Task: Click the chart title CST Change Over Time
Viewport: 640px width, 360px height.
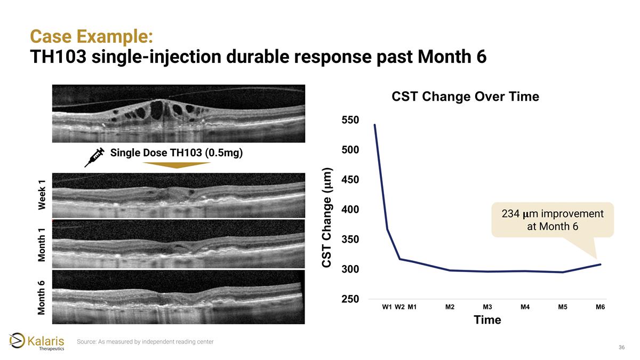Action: (465, 97)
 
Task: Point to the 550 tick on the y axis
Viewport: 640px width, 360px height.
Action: (350, 120)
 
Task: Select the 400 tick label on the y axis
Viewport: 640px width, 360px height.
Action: (350, 210)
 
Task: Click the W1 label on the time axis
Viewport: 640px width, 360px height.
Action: (387, 307)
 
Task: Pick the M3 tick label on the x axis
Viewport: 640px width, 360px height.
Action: (487, 307)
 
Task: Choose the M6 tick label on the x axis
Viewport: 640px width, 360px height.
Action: (600, 307)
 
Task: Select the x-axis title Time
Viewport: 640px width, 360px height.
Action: (487, 320)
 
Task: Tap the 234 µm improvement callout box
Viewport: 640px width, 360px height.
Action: (552, 220)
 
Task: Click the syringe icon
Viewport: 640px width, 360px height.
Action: (94, 157)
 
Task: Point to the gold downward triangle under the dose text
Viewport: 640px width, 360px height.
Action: (178, 165)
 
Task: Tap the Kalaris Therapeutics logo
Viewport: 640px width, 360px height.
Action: (37, 342)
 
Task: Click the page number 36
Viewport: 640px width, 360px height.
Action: (621, 348)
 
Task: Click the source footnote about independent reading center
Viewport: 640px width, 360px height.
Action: (145, 341)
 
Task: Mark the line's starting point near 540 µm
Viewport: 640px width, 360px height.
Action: (375, 125)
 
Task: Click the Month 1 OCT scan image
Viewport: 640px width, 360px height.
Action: (178, 244)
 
